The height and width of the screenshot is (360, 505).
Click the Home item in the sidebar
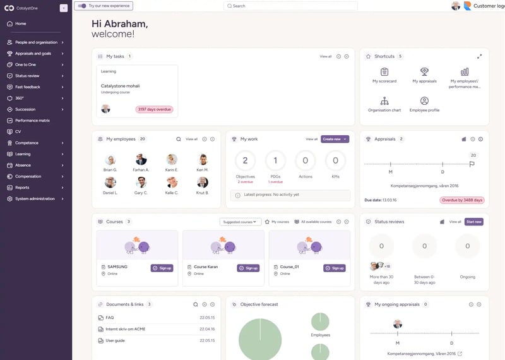tap(21, 23)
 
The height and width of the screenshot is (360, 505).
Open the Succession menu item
tap(25, 109)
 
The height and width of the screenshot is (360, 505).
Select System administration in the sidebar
tap(35, 199)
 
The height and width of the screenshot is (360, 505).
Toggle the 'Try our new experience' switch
tap(81, 6)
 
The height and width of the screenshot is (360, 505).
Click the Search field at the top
tap(290, 6)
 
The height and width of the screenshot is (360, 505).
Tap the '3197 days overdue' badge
tap(154, 109)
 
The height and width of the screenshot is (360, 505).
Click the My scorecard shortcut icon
tap(384, 72)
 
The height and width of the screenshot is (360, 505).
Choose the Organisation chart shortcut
tap(384, 101)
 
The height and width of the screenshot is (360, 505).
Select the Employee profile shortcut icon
tap(424, 101)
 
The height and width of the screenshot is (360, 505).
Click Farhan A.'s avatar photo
tap(141, 160)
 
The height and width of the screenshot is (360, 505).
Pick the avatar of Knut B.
tap(203, 183)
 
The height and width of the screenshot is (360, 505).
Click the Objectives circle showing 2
tap(245, 161)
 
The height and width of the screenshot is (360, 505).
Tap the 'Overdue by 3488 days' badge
tap(461, 200)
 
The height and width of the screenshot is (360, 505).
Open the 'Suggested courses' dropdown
tap(240, 222)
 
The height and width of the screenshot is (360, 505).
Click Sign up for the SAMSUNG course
tap(162, 268)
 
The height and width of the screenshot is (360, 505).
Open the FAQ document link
tap(110, 318)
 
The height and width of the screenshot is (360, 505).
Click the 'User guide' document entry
tap(115, 341)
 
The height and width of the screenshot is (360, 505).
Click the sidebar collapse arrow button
tap(64, 8)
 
